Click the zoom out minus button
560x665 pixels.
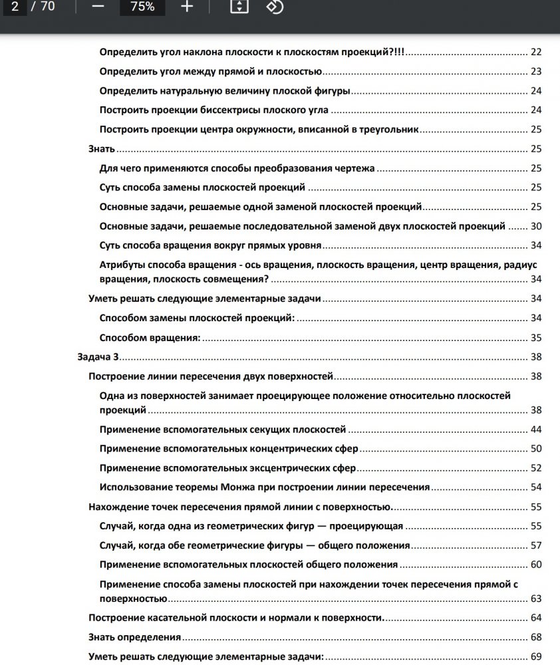pos(98,7)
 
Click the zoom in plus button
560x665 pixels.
pos(187,7)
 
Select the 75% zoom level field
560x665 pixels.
pos(142,7)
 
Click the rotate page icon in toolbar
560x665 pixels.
pos(275,7)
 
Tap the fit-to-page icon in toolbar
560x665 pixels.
pos(239,7)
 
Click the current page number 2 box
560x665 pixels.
pos(15,7)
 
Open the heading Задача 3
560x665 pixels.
pos(98,357)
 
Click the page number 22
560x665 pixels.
pos(536,53)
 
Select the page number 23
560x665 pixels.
pos(536,72)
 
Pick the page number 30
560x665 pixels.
pos(536,226)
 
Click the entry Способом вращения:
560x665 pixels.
pos(150,338)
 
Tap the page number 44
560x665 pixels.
pos(536,430)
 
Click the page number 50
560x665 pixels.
pos(536,449)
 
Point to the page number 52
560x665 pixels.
pos(536,468)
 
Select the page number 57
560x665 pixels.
pos(536,546)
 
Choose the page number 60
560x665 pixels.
pos(536,565)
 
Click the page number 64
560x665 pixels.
pos(536,618)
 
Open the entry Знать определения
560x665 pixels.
pos(135,637)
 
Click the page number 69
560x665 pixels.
pos(536,657)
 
